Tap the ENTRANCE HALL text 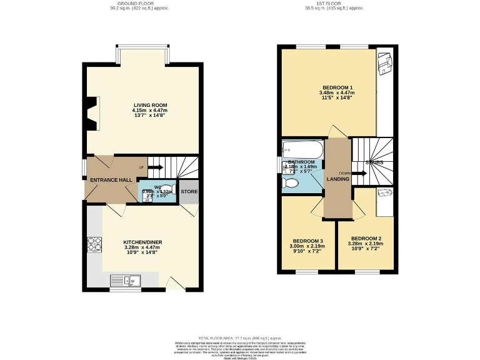coord(111,180)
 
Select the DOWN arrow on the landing coord(359,173)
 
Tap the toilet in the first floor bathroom coord(291,183)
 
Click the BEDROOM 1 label coord(337,87)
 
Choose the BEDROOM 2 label coord(366,239)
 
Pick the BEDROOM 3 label coord(308,241)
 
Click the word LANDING coord(338,179)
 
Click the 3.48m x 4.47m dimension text coord(337,93)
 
